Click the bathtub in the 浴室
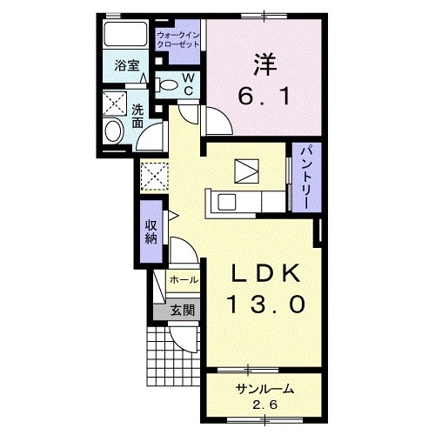point(125,34)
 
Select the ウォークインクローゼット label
point(178,40)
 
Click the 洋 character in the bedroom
point(265,65)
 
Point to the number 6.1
point(264,97)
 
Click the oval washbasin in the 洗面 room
point(113,131)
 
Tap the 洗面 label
point(137,116)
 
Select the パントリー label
point(306,177)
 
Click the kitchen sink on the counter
point(226,203)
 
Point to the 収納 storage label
point(151,231)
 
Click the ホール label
point(184,280)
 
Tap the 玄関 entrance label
point(182,311)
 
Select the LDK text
point(265,274)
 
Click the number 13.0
point(266,304)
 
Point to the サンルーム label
point(264,389)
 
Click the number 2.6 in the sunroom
point(264,405)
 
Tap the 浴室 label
point(127,65)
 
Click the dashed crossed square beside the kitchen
point(154,177)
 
